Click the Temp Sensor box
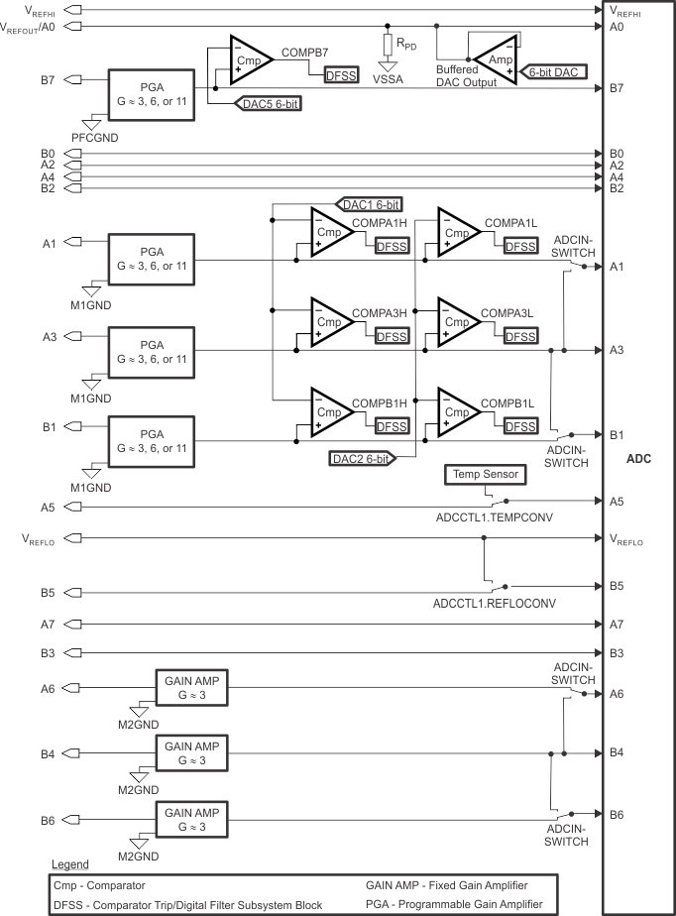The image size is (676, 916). click(486, 475)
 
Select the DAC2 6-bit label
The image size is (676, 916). click(360, 458)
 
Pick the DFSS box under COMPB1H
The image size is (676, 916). click(393, 425)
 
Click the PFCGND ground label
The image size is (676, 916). click(94, 137)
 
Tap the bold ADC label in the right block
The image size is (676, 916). click(639, 460)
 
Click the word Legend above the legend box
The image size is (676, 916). click(74, 865)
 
